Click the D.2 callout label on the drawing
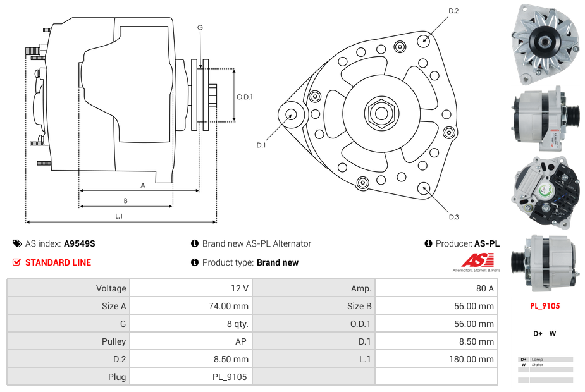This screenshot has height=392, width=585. click(x=453, y=11)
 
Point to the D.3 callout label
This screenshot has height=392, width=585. click(x=453, y=217)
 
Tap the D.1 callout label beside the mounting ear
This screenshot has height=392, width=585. click(x=261, y=145)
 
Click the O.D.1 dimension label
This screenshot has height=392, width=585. click(x=245, y=97)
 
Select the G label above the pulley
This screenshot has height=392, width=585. click(x=200, y=28)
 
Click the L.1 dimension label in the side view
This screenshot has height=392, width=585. click(x=119, y=216)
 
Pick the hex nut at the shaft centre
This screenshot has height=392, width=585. click(x=381, y=113)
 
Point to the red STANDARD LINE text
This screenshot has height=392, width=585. click(x=58, y=262)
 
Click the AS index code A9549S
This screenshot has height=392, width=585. click(x=80, y=243)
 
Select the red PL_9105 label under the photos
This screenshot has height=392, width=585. click(x=545, y=306)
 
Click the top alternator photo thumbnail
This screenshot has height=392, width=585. click(x=545, y=44)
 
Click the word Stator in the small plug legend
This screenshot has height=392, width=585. click(x=538, y=365)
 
